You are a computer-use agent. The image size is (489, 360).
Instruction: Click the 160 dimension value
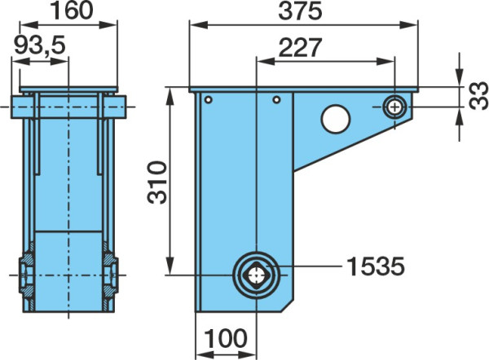(x=72, y=11)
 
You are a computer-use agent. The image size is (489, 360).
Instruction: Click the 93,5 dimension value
(x=40, y=45)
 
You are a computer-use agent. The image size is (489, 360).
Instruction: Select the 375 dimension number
(x=300, y=11)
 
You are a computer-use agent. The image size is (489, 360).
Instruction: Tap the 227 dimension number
(x=300, y=47)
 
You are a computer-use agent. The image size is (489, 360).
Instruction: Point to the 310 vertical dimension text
(x=156, y=182)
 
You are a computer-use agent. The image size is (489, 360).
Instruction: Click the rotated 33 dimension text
(x=478, y=95)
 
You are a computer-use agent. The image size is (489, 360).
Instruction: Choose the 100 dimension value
(x=226, y=339)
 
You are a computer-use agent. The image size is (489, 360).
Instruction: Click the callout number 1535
(x=375, y=266)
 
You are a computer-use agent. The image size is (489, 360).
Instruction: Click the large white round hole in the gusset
(x=336, y=118)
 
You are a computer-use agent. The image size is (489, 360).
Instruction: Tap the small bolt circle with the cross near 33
(x=394, y=108)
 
